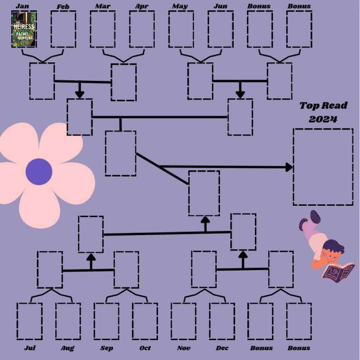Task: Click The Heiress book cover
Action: pos(24,29)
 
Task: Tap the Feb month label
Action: pos(63,6)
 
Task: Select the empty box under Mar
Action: pos(102,29)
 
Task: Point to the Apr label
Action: pos(142,6)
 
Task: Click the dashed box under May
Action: pos(181,29)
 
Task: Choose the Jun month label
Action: pos(220,6)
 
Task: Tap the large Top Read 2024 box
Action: pos(323,167)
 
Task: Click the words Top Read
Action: pos(323,106)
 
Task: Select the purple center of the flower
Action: pos(39,171)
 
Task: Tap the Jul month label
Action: pos(30,348)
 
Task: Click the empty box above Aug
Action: pos(68,321)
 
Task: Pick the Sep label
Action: pos(107,348)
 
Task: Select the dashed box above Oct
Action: pos(145,321)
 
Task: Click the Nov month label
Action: pos(184,348)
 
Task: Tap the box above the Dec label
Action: pos(222,321)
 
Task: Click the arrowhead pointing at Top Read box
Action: pos(289,167)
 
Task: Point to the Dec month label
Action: pos(222,348)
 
